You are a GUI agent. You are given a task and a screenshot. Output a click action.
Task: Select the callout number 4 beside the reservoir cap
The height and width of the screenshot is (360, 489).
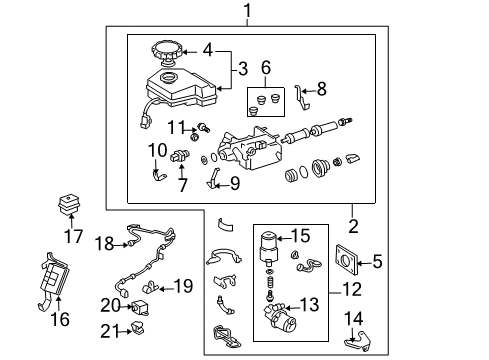[207, 48]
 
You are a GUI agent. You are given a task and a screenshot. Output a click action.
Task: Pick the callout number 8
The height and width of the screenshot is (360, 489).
[321, 89]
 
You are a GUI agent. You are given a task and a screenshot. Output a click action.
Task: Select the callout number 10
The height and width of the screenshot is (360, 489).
[156, 151]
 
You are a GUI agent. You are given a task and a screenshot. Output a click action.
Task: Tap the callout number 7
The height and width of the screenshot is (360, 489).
[181, 184]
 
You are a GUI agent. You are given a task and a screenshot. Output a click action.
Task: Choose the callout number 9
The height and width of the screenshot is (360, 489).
[235, 182]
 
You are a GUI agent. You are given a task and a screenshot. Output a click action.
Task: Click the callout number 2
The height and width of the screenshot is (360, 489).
[352, 225]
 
